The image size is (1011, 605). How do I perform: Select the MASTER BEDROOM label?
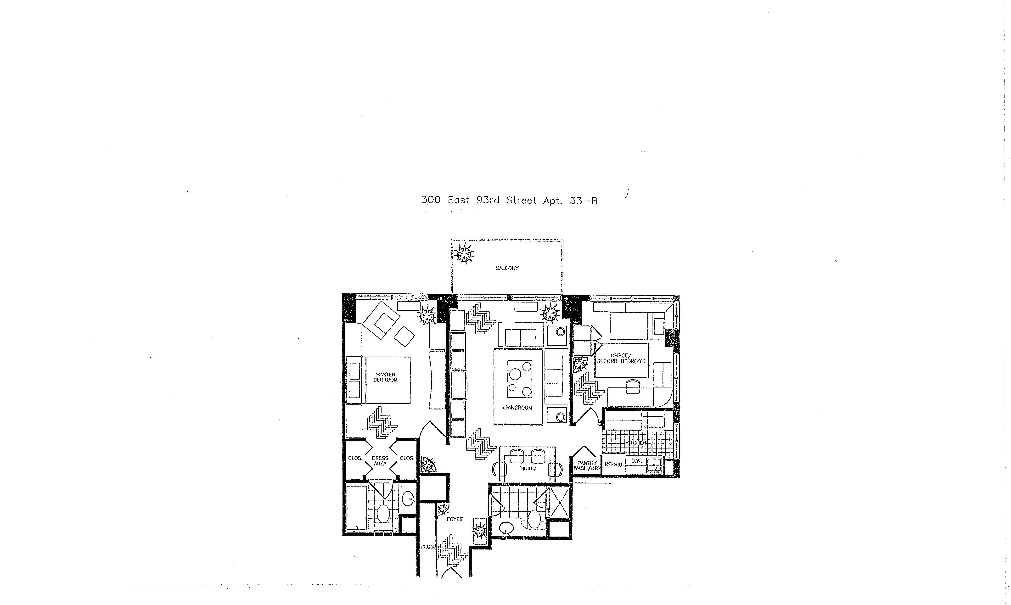point(386,377)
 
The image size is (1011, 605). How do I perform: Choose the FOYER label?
point(455,519)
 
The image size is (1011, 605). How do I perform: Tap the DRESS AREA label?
point(380,461)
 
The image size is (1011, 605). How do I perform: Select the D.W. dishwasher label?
point(636,461)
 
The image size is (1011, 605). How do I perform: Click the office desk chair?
point(632,386)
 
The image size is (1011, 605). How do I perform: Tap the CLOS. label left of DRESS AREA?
point(355,458)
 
